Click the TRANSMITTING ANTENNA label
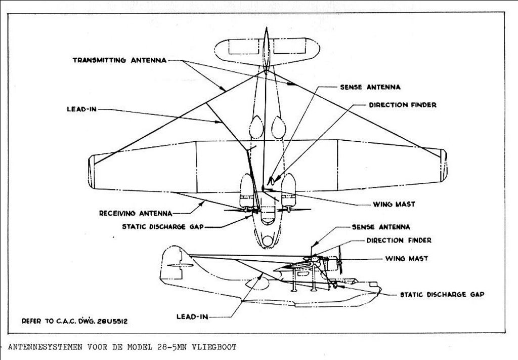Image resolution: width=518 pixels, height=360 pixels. click(119, 60)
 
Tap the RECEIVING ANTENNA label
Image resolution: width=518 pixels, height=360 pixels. click(136, 213)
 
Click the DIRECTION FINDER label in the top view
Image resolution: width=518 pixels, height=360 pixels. click(402, 105)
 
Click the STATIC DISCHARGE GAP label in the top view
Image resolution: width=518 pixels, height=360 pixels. click(162, 227)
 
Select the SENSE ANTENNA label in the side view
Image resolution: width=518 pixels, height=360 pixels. click(381, 227)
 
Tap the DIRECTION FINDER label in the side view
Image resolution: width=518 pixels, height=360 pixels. click(399, 241)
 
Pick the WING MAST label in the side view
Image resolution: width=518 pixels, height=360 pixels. click(406, 258)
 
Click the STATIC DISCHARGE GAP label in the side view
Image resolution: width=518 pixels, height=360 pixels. click(442, 294)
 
